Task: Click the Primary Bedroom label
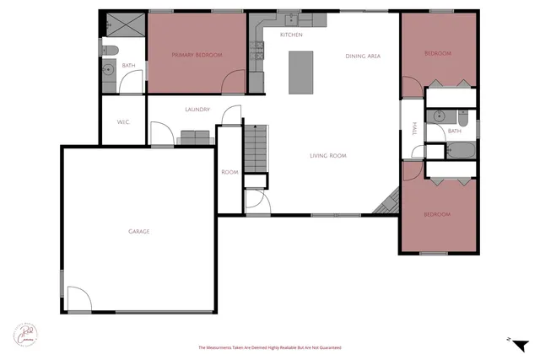pos(197,55)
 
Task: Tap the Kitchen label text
pos(291,35)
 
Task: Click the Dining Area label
pos(364,56)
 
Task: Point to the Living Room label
pos(327,155)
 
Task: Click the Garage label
pos(139,231)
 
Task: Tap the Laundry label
pos(197,110)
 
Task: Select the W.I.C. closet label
pos(123,122)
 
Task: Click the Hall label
pos(414,128)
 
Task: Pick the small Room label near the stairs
pos(230,172)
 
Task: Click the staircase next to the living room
pos(256,148)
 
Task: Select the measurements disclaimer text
pos(270,347)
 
